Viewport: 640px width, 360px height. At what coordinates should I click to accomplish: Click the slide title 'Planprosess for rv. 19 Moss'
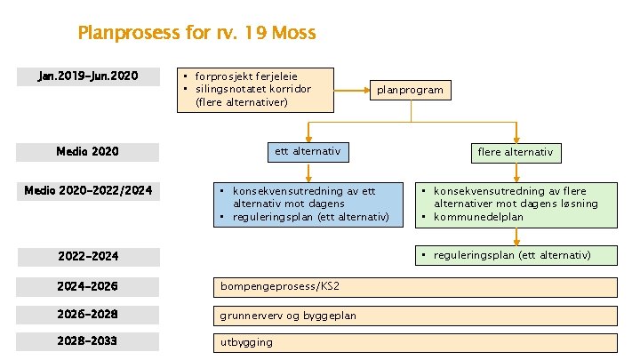(x=196, y=34)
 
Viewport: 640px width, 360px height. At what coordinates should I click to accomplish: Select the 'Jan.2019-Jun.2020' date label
(x=88, y=76)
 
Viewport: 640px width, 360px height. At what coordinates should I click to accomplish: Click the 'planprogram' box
(x=410, y=90)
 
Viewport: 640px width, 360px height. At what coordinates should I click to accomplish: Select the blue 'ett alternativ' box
(x=307, y=152)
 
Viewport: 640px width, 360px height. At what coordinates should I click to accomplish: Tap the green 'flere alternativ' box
(x=516, y=152)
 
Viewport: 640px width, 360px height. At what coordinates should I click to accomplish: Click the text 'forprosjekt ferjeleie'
(x=245, y=76)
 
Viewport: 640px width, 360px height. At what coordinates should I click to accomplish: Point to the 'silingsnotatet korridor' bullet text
(x=252, y=89)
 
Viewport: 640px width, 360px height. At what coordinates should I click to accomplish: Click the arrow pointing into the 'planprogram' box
(x=352, y=90)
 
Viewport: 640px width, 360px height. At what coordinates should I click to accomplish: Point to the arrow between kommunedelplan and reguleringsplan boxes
(x=516, y=236)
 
